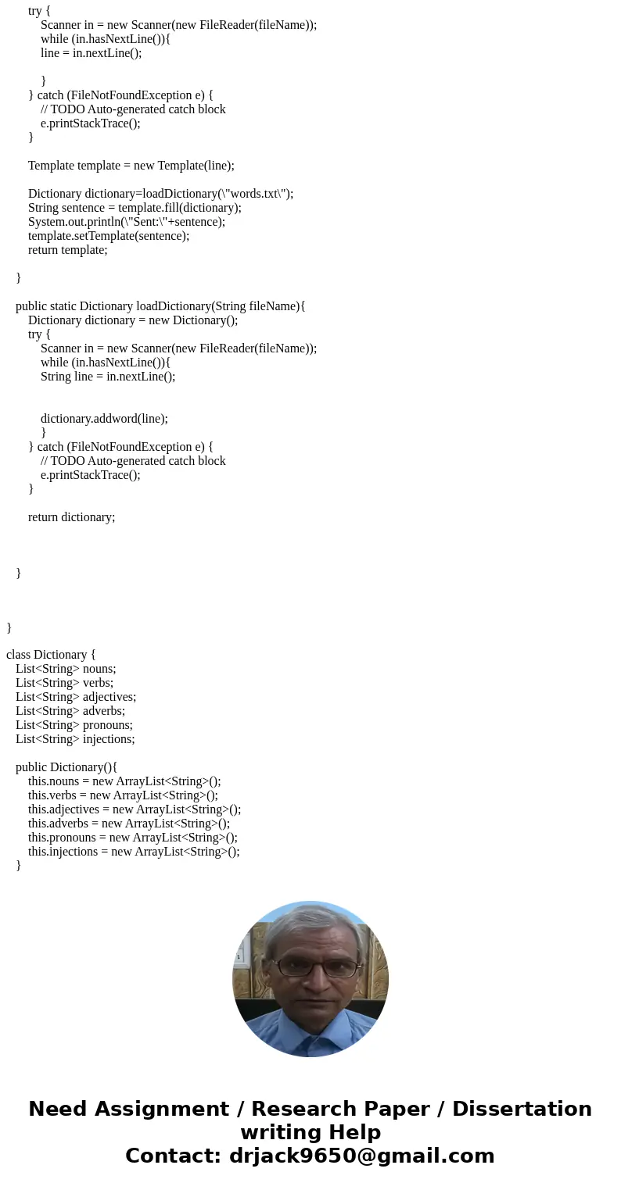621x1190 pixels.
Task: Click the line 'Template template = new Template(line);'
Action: [131, 166]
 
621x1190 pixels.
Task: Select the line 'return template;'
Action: [67, 250]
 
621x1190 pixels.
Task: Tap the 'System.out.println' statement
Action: [127, 222]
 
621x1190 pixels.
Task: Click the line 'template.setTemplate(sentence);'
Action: [109, 236]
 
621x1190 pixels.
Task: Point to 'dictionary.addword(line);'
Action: [104, 419]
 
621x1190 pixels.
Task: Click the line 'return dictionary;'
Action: [71, 517]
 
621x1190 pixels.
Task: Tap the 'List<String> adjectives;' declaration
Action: [76, 697]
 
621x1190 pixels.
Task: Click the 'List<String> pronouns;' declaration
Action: [74, 725]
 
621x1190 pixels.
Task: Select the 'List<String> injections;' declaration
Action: [75, 739]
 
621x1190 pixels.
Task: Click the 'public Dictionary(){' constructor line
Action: [66, 767]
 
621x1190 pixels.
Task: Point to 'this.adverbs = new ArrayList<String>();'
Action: [129, 824]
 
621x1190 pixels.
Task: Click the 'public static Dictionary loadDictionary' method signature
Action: [160, 306]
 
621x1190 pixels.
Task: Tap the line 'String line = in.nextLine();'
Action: [108, 377]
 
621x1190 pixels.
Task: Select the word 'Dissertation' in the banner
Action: [522, 1110]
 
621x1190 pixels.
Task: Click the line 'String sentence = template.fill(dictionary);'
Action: [135, 208]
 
